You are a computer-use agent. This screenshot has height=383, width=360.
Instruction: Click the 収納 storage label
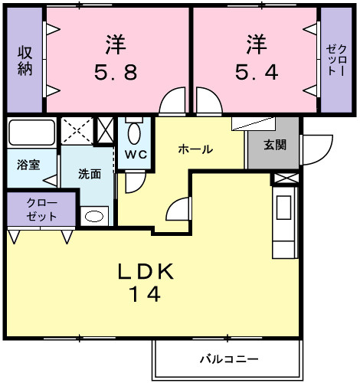(x=25, y=61)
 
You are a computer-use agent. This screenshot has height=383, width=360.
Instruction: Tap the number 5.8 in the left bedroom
(x=116, y=72)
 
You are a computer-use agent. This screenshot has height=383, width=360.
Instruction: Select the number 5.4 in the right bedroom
(x=257, y=72)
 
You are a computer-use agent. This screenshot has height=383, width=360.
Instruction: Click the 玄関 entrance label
(x=275, y=145)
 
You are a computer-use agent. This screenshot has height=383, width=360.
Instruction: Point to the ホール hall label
(x=195, y=149)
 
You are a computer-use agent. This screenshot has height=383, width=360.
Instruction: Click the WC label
(x=136, y=155)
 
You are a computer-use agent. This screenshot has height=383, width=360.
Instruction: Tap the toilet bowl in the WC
(x=134, y=133)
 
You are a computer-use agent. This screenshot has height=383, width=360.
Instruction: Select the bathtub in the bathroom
(x=32, y=133)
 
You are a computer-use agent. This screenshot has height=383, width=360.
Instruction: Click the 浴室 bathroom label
(x=28, y=165)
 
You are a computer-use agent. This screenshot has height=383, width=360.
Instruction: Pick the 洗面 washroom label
(x=90, y=174)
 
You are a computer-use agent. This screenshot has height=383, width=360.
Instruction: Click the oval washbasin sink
(x=94, y=217)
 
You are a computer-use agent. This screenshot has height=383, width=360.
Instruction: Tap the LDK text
(x=146, y=271)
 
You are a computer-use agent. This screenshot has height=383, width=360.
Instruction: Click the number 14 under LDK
(x=146, y=294)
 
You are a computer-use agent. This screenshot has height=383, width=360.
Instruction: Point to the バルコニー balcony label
(x=229, y=359)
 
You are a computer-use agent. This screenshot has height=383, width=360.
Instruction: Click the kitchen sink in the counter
(x=283, y=208)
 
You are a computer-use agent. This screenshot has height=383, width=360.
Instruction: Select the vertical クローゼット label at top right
(x=336, y=60)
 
